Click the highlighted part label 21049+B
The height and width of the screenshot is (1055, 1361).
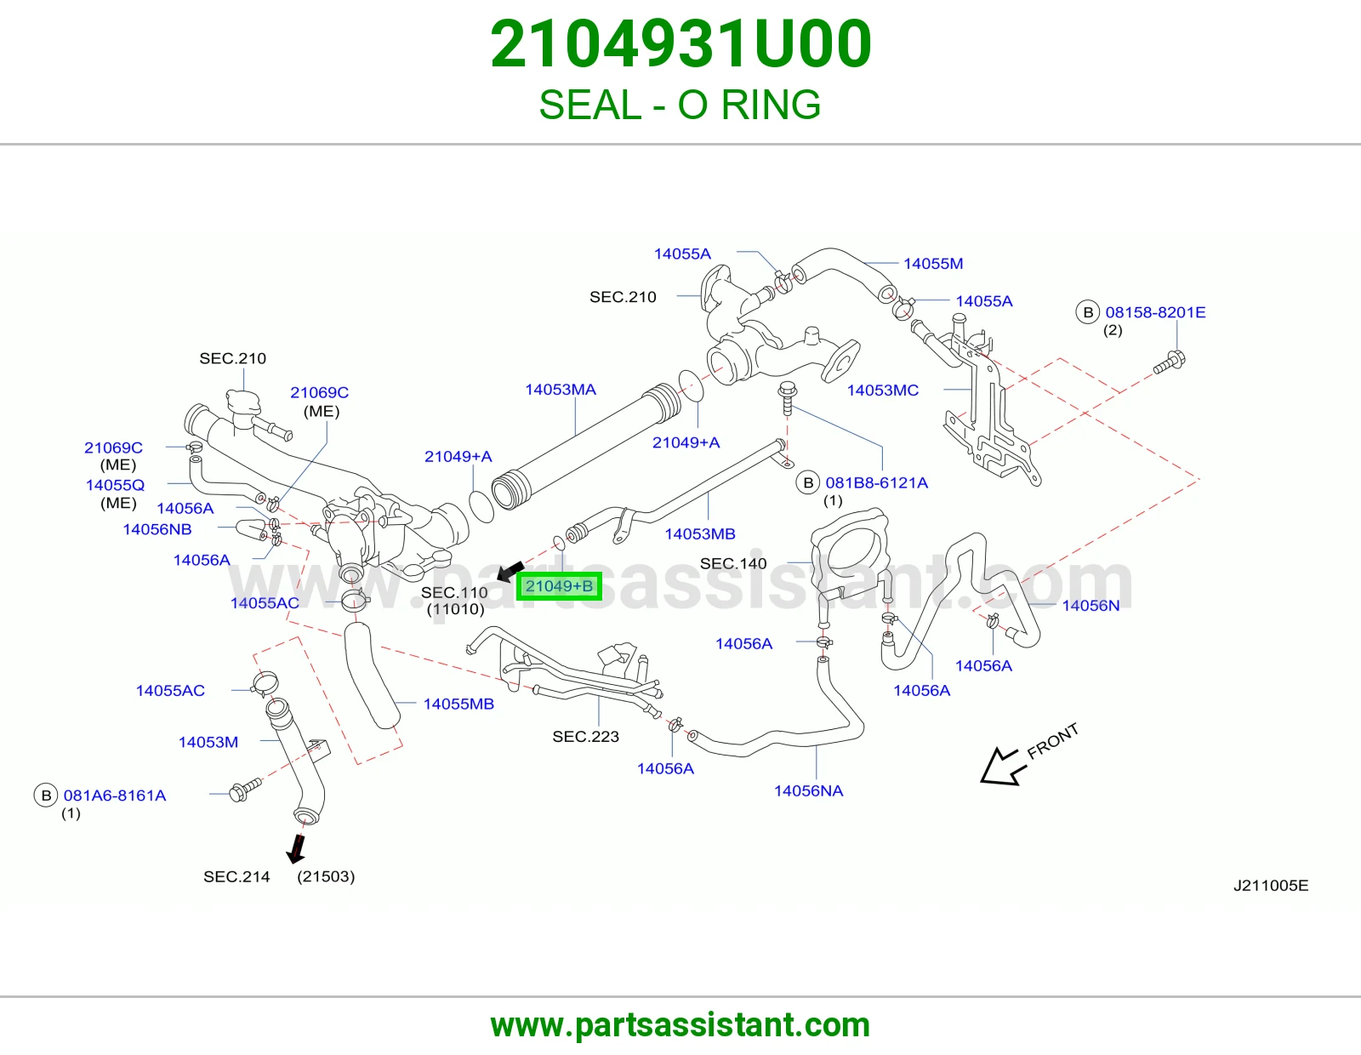point(559,585)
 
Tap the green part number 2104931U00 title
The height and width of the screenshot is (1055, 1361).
point(680,43)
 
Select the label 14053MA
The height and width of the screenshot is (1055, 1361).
point(561,390)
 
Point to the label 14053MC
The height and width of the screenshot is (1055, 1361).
point(882,391)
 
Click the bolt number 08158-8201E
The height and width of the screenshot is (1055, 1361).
point(1155,312)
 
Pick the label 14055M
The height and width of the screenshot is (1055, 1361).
point(932,264)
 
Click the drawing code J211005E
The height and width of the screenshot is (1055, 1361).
point(1271,885)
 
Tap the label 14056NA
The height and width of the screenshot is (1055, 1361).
point(808,790)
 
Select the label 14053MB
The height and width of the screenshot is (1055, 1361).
point(699,533)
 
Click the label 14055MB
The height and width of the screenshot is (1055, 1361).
point(458,704)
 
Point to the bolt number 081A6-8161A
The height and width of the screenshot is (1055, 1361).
point(115,796)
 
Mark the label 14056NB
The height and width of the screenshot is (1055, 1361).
point(157,529)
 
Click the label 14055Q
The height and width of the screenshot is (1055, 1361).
point(115,485)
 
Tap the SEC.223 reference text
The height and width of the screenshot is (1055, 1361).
point(585,737)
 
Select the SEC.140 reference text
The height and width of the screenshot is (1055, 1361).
point(732,564)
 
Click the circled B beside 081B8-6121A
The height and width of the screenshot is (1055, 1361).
point(808,483)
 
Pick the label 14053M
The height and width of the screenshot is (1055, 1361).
point(208,743)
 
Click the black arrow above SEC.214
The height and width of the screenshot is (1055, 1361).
point(296,850)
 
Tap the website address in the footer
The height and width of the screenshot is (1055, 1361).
point(680,1025)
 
